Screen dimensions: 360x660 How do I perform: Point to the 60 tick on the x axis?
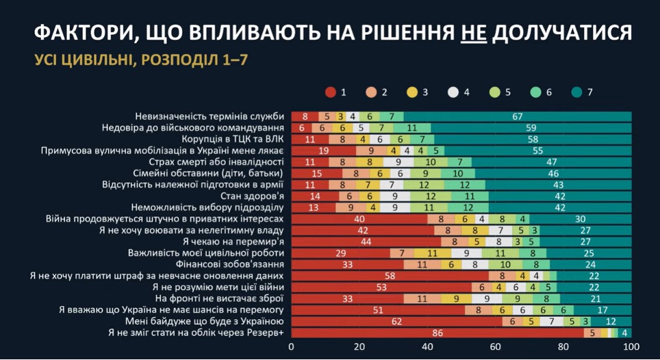[x=495, y=347]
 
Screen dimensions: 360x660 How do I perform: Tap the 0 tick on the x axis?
[x=292, y=347]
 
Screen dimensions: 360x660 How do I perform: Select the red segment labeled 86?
[x=437, y=333]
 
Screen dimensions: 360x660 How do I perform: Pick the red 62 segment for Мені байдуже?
[x=396, y=322]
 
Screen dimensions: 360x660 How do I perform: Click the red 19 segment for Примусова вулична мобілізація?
[x=323, y=151]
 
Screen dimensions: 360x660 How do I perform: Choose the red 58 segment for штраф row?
[x=390, y=276]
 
